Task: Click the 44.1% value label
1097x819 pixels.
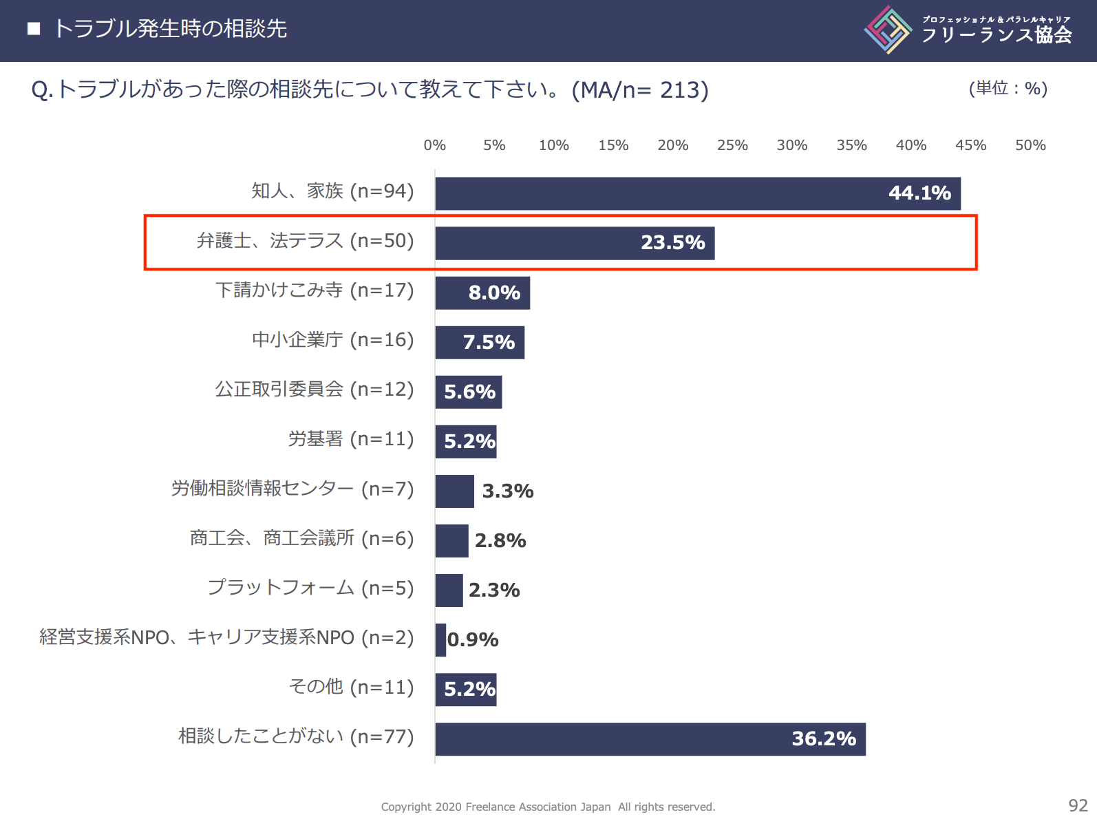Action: pos(919,193)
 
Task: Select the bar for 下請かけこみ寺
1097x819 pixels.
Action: pos(482,292)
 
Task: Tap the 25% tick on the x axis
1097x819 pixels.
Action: pos(732,145)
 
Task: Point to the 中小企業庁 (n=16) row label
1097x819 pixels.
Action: pos(332,340)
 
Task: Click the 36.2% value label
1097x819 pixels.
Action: pos(824,738)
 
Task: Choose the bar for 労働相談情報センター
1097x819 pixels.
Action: pos(455,491)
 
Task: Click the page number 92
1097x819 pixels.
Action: pos(1078,805)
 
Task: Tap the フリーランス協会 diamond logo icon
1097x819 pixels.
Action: pos(888,30)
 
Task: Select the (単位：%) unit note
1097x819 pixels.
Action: pos(1008,88)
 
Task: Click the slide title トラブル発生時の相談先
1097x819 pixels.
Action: pos(170,29)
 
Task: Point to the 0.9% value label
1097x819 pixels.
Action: pos(473,639)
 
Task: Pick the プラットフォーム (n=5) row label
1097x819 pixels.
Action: pos(310,588)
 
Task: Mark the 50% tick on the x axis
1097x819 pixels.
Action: pos(1030,145)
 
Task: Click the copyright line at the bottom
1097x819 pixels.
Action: pos(548,807)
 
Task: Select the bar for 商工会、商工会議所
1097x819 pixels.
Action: pos(452,541)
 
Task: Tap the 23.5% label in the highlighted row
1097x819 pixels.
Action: pos(672,242)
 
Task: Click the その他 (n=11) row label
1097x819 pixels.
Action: pos(351,687)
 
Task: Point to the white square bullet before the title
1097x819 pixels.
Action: pos(34,29)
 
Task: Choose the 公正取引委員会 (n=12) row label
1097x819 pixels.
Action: pos(314,390)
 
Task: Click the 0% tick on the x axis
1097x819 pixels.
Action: pos(435,145)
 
